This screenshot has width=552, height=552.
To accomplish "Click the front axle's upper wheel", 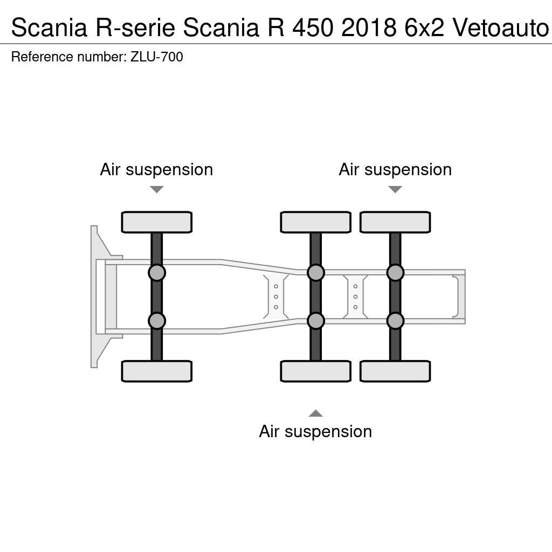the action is pos(156,222).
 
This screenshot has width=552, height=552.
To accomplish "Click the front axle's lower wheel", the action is pos(156,371).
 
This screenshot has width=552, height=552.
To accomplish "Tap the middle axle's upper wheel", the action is pos(315,222).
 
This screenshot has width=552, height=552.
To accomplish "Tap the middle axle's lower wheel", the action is pos(315,371).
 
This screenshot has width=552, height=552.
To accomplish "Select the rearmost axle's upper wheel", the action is pos(395,222).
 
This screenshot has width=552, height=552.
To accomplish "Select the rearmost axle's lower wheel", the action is pos(395,371).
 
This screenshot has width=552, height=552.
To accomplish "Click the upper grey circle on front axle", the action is pos(156,273).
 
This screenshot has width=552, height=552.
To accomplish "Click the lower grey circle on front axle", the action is pos(156,321).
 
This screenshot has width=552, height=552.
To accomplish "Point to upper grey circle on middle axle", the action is pos(315,273).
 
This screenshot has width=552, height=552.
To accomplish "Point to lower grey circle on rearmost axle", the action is pos(395,321).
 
